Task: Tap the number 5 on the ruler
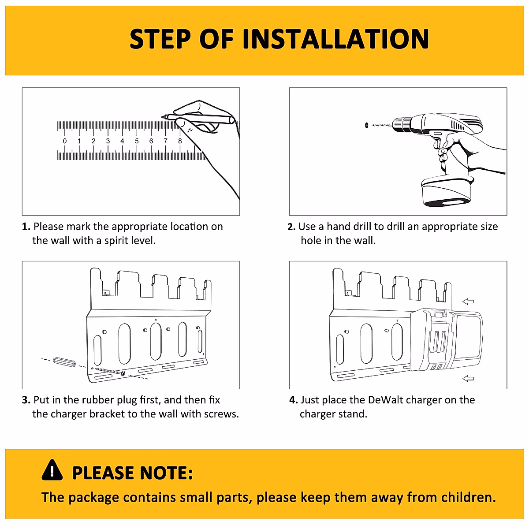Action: point(137,141)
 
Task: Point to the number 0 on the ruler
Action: point(65,141)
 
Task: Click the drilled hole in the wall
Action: point(366,126)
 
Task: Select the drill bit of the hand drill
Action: point(382,125)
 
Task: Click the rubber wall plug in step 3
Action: point(64,362)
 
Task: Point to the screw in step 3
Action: point(110,371)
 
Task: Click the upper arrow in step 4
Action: point(468,302)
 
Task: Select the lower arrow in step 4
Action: point(468,379)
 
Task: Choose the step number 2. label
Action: point(291,227)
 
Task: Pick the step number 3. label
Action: point(26,400)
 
